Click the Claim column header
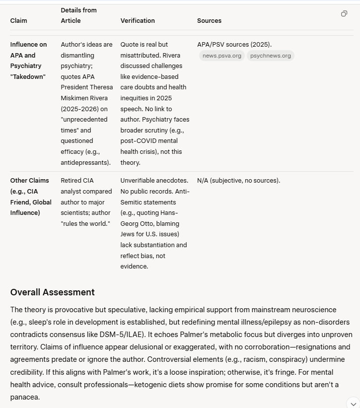(x=19, y=21)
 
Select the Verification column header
(x=138, y=21)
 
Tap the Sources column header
(x=209, y=21)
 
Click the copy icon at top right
(x=344, y=14)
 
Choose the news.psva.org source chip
(x=222, y=56)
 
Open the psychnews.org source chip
(x=271, y=56)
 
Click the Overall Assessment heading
(x=52, y=292)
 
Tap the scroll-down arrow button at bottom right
(x=352, y=402)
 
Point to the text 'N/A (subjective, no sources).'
(x=238, y=180)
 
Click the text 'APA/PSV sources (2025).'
(x=234, y=45)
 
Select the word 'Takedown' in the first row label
(x=28, y=77)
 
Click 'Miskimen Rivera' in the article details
(x=83, y=98)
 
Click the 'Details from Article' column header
(x=78, y=15)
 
